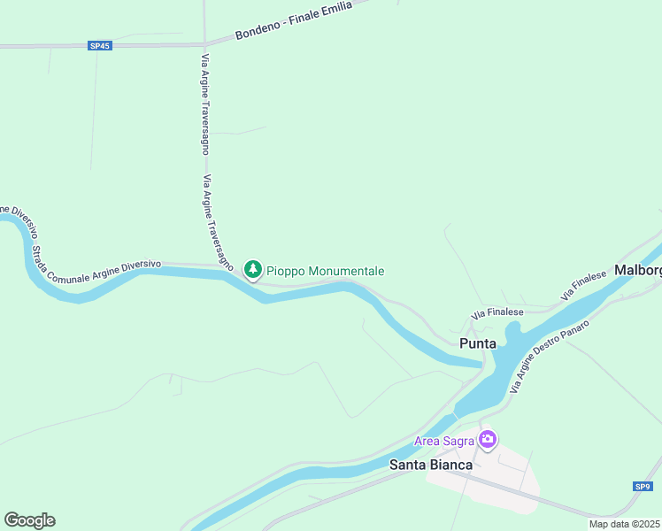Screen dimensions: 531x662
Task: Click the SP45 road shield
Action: click(x=100, y=46)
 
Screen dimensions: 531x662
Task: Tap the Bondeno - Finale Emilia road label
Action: click(x=294, y=19)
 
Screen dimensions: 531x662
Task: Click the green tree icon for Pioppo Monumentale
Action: click(x=253, y=268)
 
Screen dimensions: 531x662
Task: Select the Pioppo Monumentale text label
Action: click(x=326, y=271)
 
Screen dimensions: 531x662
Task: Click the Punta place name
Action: click(x=477, y=342)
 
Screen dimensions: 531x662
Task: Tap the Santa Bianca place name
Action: click(x=431, y=464)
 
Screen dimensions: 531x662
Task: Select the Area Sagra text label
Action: click(x=444, y=441)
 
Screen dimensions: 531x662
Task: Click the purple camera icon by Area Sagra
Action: click(x=488, y=439)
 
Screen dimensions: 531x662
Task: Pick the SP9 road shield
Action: click(x=643, y=486)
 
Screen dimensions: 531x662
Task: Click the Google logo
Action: click(x=29, y=519)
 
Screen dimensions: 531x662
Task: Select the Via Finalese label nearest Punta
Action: click(x=497, y=312)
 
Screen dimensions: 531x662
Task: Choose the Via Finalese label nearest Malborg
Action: click(x=583, y=284)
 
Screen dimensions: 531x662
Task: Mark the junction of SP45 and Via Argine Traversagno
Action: click(x=204, y=44)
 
